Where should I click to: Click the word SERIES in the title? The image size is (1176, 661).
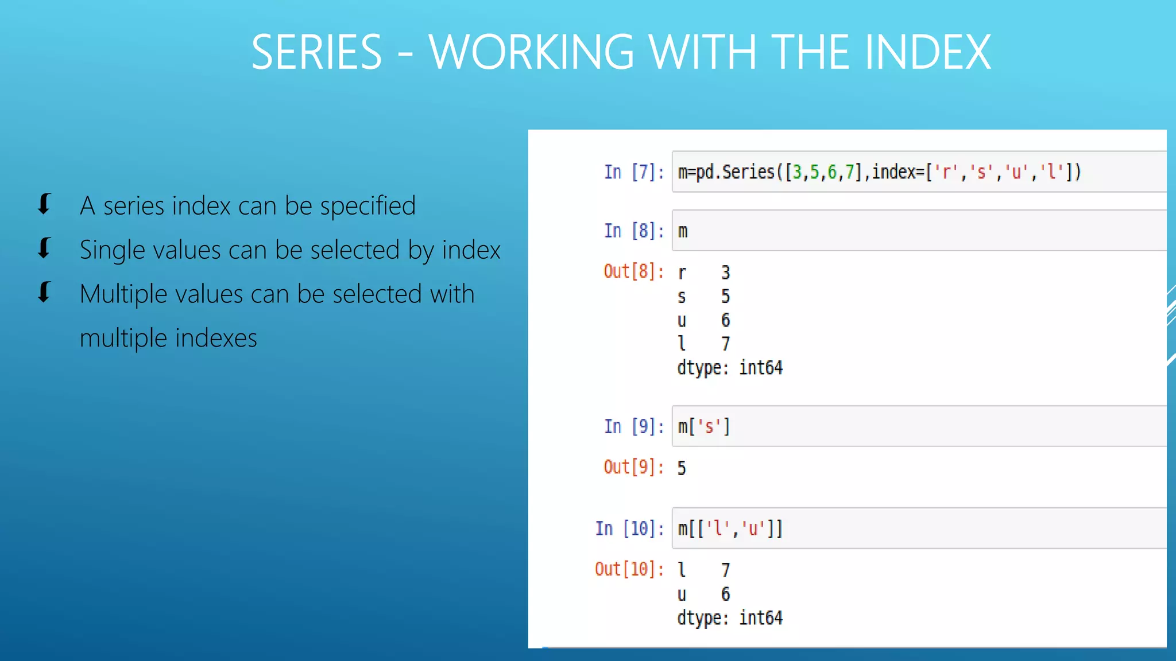(x=316, y=52)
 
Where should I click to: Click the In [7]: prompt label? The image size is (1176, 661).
(x=633, y=172)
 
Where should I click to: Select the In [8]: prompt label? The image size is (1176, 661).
(x=633, y=231)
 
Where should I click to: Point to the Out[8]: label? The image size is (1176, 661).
(x=633, y=271)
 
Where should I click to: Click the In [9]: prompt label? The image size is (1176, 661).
(x=633, y=427)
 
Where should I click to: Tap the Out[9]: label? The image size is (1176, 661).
(x=633, y=468)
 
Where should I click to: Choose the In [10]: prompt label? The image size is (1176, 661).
(x=629, y=528)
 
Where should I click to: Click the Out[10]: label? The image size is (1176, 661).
(x=629, y=569)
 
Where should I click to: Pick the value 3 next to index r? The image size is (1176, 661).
(x=725, y=273)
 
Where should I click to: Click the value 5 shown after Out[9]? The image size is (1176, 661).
(x=682, y=468)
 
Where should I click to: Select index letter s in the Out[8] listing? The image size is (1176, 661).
(x=682, y=297)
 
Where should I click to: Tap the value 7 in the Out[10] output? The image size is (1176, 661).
(x=725, y=570)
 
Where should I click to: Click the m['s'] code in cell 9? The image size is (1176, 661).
(x=703, y=427)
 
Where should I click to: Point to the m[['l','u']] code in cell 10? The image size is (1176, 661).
(x=730, y=528)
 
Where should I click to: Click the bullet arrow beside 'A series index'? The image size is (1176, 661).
(x=44, y=204)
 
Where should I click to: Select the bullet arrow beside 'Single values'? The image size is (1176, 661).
(x=44, y=248)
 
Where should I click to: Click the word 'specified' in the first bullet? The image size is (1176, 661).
(x=367, y=206)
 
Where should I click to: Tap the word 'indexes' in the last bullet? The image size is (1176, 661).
(x=216, y=339)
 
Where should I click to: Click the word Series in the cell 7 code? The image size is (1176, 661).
(x=748, y=172)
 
